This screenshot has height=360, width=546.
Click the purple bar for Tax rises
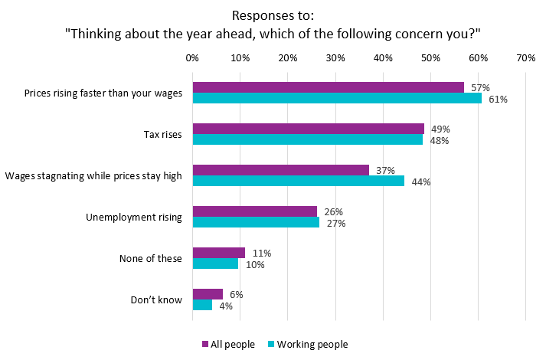click(308, 129)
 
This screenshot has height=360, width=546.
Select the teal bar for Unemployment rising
click(256, 222)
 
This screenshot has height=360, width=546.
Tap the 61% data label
click(499, 100)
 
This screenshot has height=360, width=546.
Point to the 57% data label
click(481, 87)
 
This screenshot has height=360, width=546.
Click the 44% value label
click(421, 182)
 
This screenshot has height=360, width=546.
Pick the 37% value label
click(386, 170)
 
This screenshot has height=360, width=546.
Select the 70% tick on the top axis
click(525, 57)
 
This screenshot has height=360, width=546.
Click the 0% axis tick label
click(192, 57)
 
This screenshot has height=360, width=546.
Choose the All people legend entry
click(228, 344)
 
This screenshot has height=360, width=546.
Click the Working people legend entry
click(306, 344)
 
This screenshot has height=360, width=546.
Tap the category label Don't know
click(156, 299)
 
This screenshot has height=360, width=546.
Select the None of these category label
click(150, 258)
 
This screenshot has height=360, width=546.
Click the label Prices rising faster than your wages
click(103, 93)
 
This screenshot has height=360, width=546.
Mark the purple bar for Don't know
click(208, 294)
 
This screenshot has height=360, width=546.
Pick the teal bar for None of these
click(215, 263)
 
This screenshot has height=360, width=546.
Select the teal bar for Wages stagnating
click(298, 181)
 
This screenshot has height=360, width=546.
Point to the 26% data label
click(333, 211)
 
